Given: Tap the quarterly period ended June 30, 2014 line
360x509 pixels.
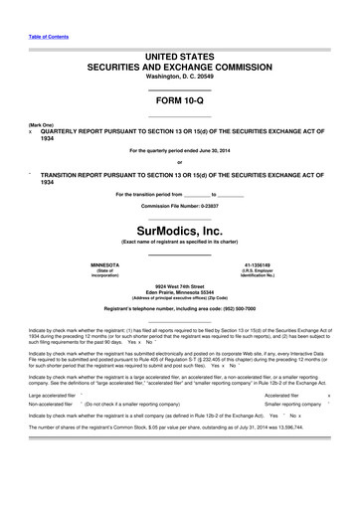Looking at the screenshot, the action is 180,150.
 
